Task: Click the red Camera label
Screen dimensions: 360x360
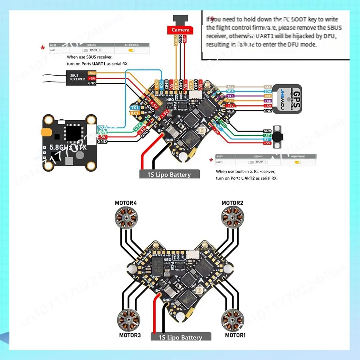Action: pyautogui.click(x=180, y=30)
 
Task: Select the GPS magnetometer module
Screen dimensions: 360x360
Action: pyautogui.click(x=286, y=99)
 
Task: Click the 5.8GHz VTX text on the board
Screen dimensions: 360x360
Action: pyautogui.click(x=68, y=147)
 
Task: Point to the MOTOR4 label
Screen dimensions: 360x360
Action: pyautogui.click(x=126, y=203)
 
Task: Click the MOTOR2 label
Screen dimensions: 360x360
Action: pyautogui.click(x=232, y=203)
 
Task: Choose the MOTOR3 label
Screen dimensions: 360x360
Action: pyautogui.click(x=130, y=335)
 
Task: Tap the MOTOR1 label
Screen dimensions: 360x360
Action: pyautogui.click(x=235, y=335)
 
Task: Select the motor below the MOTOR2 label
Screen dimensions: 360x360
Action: pyautogui.click(x=232, y=217)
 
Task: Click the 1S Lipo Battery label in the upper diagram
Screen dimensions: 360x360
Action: pyautogui.click(x=169, y=175)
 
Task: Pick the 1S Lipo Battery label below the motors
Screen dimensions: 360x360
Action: pyautogui.click(x=180, y=337)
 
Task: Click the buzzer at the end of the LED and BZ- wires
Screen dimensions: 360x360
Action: pyautogui.click(x=278, y=136)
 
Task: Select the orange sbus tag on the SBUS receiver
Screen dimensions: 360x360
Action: pyautogui.click(x=92, y=73)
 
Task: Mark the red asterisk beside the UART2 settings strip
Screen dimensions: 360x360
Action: pyautogui.click(x=211, y=160)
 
